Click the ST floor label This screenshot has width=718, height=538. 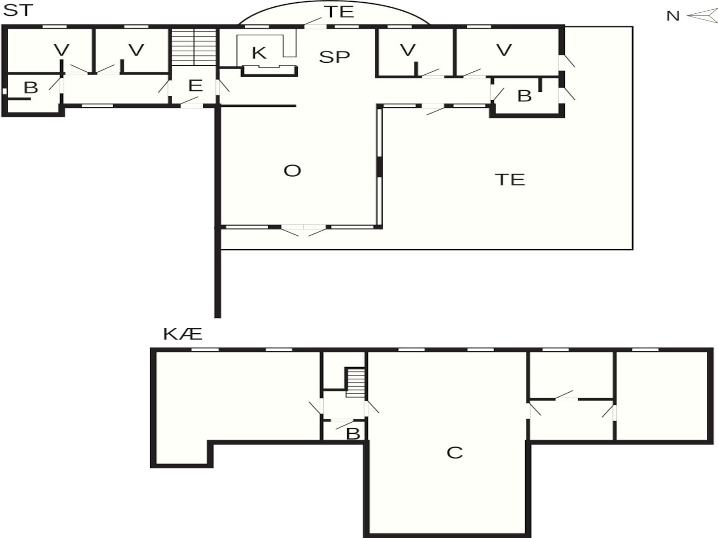pyautogui.click(x=18, y=10)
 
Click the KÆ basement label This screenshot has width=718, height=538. pyautogui.click(x=183, y=334)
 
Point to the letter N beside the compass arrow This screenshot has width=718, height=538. pyautogui.click(x=673, y=16)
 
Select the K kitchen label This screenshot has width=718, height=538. pyautogui.click(x=259, y=53)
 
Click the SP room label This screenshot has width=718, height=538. pyautogui.click(x=334, y=57)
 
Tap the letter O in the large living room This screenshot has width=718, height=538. pyautogui.click(x=292, y=171)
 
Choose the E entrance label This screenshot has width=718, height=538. pyautogui.click(x=196, y=86)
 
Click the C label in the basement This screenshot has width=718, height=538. pyautogui.click(x=455, y=453)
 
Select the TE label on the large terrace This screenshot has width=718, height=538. pyautogui.click(x=510, y=180)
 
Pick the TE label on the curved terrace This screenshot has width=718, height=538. pyautogui.click(x=339, y=12)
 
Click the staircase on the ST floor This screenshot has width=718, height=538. pyautogui.click(x=194, y=47)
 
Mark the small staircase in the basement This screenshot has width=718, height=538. pyautogui.click(x=355, y=383)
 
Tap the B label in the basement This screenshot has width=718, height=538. pyautogui.click(x=353, y=434)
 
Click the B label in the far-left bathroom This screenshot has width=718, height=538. pyautogui.click(x=31, y=88)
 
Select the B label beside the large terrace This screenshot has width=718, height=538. pyautogui.click(x=524, y=96)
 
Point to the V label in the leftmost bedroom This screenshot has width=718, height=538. pyautogui.click(x=62, y=50)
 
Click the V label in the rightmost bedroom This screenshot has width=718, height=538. pyautogui.click(x=504, y=50)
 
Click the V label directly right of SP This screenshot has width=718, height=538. pyautogui.click(x=408, y=50)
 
